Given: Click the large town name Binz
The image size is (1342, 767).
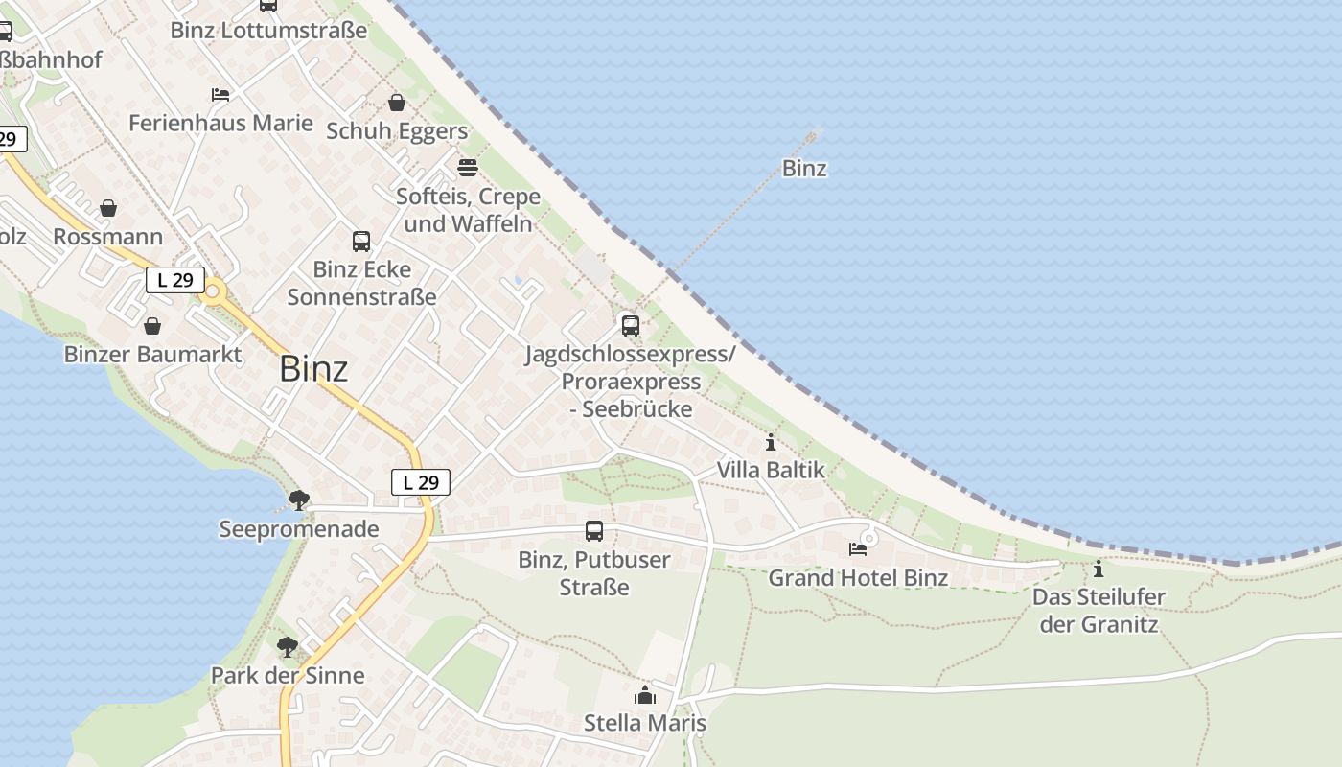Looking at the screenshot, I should tap(313, 369).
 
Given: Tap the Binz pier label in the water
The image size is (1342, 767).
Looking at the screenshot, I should tap(804, 169).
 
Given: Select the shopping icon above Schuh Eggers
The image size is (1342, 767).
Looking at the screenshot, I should tap(397, 103).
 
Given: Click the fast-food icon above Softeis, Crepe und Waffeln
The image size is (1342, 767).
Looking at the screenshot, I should tap(468, 168).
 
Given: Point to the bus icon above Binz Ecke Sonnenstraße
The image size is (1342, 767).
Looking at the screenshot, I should tap(361, 241).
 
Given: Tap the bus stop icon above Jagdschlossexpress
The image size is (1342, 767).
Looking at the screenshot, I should tap(630, 325).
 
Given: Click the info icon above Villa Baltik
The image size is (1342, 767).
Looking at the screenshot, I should tap(771, 442).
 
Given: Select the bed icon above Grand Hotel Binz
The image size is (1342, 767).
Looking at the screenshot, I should tap(858, 549).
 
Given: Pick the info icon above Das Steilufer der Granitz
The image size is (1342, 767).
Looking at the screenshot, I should tap(1099, 569).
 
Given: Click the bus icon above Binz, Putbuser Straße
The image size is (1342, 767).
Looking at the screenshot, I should tap(594, 530).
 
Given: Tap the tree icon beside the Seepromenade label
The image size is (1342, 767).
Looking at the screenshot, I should tap(299, 500).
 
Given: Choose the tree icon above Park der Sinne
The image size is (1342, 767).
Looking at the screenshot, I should tap(287, 646).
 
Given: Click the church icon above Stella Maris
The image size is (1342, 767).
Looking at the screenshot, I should tap(645, 694).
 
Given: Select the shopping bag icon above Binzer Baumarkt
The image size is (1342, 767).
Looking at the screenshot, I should tap(152, 326).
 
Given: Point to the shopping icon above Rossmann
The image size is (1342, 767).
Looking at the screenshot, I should tap(108, 208).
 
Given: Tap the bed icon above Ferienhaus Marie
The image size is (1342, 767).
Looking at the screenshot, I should tap(220, 94).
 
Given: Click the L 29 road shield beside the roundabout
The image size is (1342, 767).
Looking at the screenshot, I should tap(175, 280).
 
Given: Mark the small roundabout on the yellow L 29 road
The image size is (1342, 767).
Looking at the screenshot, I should tap(213, 291).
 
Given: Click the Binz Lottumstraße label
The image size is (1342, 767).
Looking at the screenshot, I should tap(268, 30).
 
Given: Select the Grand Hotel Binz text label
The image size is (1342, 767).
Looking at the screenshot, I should tap(858, 578).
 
